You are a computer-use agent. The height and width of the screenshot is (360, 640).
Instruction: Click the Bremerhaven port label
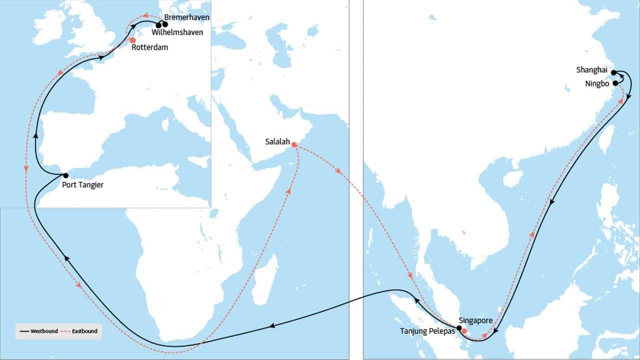click(x=186, y=17)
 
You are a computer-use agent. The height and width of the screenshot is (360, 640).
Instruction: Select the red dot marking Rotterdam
click(x=132, y=40)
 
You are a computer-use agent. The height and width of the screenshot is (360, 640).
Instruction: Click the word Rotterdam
click(x=149, y=48)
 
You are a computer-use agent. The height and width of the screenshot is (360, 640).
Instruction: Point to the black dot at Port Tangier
click(x=65, y=175)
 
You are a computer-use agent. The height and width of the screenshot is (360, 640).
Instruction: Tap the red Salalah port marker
click(x=294, y=144)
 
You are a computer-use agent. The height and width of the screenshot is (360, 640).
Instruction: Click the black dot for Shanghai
click(x=613, y=72)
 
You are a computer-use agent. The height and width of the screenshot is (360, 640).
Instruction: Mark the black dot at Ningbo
click(x=615, y=83)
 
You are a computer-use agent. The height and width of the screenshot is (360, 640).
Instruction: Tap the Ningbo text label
click(x=597, y=83)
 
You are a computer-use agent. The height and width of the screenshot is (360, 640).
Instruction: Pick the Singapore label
click(x=475, y=320)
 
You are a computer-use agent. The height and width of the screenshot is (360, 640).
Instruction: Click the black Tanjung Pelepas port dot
click(x=459, y=328)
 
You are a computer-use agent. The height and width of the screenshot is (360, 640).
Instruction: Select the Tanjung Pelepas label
click(x=427, y=331)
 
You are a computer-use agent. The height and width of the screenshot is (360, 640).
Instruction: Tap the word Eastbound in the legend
click(x=84, y=331)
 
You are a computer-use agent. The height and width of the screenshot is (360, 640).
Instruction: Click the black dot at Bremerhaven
click(x=165, y=24)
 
